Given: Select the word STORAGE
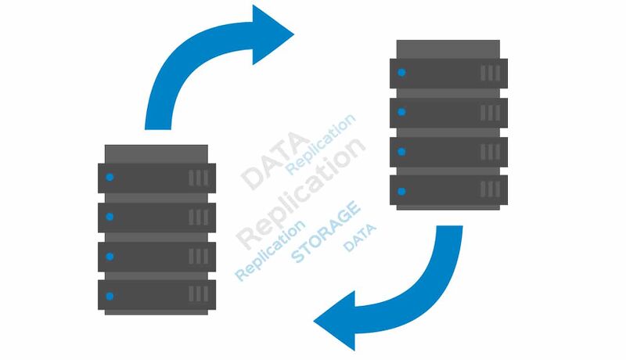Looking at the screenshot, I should (x=326, y=231).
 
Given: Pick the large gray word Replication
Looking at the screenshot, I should (x=301, y=191).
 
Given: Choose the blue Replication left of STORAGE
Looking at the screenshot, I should (x=270, y=251).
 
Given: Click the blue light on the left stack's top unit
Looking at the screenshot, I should (x=110, y=177).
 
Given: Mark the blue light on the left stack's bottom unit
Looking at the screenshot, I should (x=110, y=296).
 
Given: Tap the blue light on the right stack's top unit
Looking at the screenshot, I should (x=401, y=73).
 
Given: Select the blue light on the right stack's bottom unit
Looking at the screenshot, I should (x=401, y=191).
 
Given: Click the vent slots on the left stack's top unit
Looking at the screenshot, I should (x=198, y=178).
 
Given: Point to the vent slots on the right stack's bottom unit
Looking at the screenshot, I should (x=491, y=191).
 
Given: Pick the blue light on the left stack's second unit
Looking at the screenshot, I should (x=110, y=217).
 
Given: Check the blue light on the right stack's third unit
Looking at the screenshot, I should (x=401, y=151).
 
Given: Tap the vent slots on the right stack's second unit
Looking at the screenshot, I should (x=491, y=112).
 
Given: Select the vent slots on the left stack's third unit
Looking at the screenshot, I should (x=198, y=257).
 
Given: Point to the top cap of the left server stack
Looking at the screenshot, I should (x=156, y=152).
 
